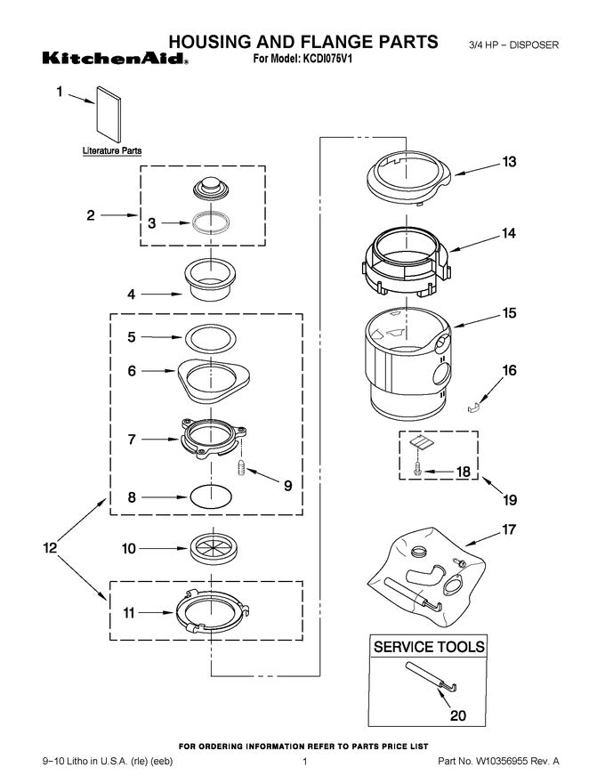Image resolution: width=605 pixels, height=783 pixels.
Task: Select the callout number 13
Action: (x=509, y=162)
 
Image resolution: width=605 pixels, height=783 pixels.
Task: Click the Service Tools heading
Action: (x=430, y=647)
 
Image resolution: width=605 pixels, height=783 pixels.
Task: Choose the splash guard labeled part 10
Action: (x=212, y=548)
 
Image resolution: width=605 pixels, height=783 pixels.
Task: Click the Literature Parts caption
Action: (x=107, y=151)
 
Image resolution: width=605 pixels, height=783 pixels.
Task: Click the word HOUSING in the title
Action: (x=215, y=41)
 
